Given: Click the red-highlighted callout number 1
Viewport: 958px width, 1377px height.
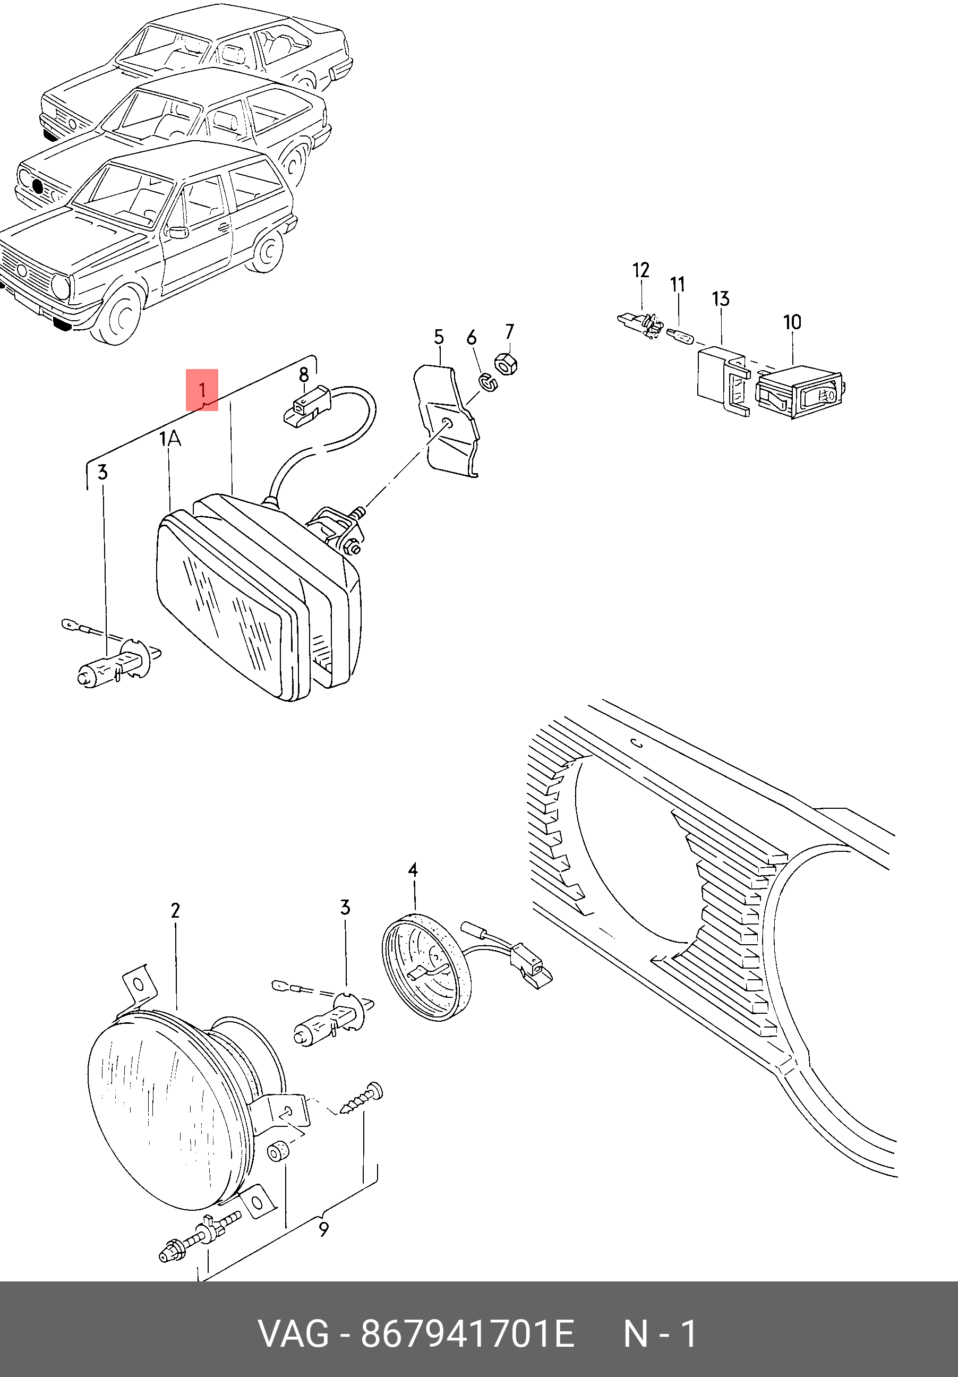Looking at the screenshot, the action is click(202, 390).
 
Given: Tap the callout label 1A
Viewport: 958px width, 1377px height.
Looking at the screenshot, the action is click(170, 439).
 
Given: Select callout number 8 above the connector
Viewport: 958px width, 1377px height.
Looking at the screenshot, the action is click(304, 375).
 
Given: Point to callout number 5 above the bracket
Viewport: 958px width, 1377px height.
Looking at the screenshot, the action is click(439, 337).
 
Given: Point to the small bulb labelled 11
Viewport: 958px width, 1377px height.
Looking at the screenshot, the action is click(680, 335).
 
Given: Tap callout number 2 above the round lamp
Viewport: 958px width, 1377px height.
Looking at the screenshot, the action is click(175, 910).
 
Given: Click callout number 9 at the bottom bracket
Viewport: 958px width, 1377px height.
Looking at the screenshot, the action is click(324, 1229).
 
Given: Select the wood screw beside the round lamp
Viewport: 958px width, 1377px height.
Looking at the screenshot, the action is click(361, 1099).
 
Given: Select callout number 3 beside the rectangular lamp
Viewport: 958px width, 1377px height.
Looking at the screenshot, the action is click(102, 473).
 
